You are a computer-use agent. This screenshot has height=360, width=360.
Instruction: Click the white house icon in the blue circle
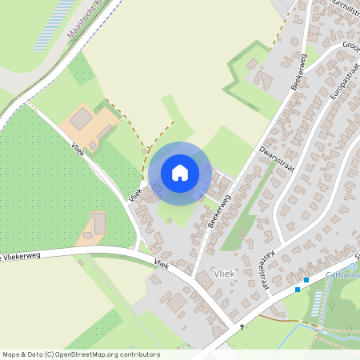tap(180, 172)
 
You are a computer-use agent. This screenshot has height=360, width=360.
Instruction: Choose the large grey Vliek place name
tap(226, 274)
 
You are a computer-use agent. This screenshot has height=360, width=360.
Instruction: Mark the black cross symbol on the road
tap(242, 326)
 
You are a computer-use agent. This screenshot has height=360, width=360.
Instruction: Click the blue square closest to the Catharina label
tap(306, 279)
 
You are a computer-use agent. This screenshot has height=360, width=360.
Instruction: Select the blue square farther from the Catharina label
tap(298, 289)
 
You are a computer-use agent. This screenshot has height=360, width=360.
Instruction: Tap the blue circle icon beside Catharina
tap(354, 266)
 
